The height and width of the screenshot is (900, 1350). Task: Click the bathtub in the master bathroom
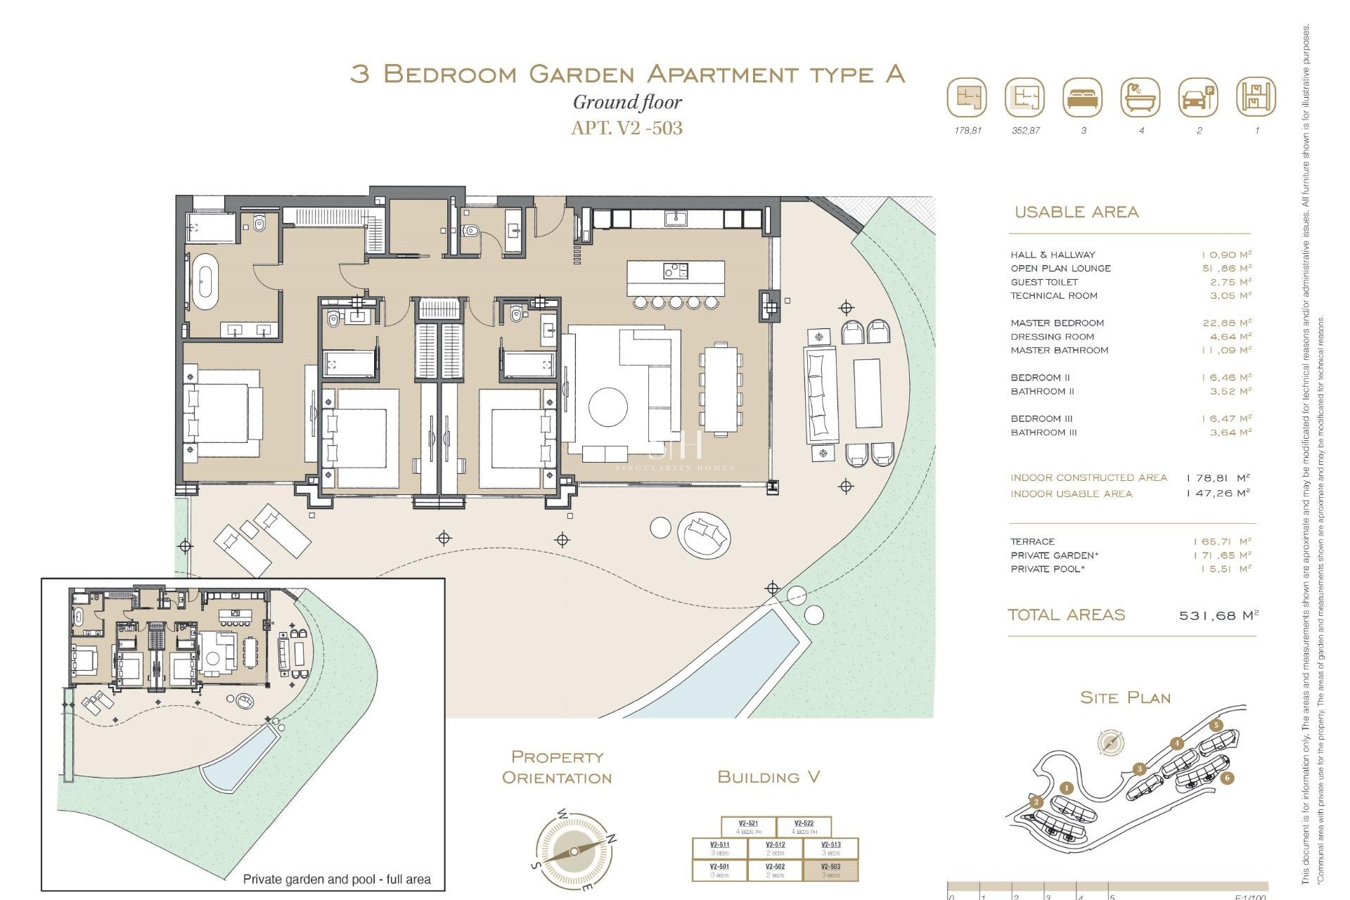pyautogui.click(x=205, y=282)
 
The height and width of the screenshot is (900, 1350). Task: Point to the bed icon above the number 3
pyautogui.click(x=1083, y=97)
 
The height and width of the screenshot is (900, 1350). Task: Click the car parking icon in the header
pyautogui.click(x=1198, y=97)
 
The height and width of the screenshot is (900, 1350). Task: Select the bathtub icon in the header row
pyautogui.click(x=1140, y=97)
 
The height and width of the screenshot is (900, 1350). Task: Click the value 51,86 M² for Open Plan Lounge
pyautogui.click(x=1227, y=269)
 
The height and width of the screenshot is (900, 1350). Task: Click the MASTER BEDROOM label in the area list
pyautogui.click(x=1057, y=323)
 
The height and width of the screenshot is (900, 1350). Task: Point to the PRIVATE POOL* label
pyautogui.click(x=1047, y=569)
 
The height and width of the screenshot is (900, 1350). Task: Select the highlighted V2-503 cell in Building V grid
pyautogui.click(x=830, y=870)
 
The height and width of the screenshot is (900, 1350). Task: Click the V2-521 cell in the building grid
pyautogui.click(x=748, y=827)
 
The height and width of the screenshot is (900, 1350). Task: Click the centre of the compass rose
pyautogui.click(x=574, y=851)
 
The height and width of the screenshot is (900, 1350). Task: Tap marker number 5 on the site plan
pyautogui.click(x=1216, y=726)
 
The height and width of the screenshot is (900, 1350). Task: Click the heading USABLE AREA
pyautogui.click(x=1076, y=212)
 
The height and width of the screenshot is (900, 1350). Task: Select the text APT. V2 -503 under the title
pyautogui.click(x=626, y=128)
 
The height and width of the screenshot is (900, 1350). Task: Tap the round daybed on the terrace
pyautogui.click(x=704, y=534)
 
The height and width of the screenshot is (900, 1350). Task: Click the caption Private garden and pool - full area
pyautogui.click(x=336, y=879)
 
